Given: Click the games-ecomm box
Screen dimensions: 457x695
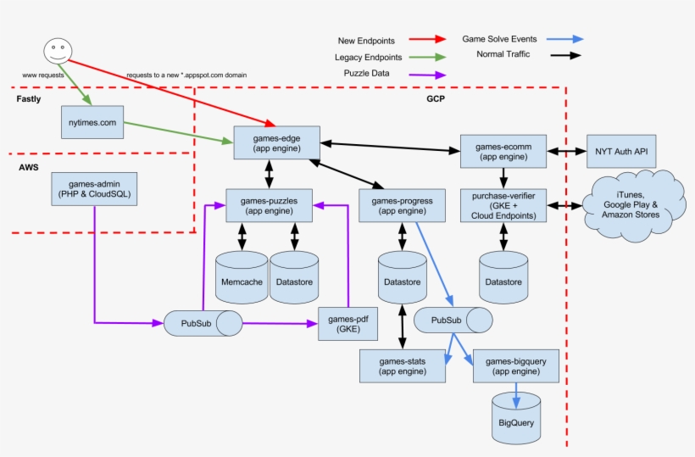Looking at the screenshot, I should [503, 151].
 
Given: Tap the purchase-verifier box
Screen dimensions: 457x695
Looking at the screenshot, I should [503, 206].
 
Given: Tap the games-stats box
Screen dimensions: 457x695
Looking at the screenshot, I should [402, 365].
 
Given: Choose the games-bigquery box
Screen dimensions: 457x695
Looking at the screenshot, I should [515, 365].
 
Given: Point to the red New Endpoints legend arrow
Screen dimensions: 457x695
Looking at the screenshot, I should [428, 39].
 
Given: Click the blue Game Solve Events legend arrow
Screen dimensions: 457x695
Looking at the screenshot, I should [565, 39].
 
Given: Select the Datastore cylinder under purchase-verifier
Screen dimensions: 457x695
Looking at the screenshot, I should [503, 277].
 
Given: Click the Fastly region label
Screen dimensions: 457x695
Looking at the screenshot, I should [29, 100].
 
